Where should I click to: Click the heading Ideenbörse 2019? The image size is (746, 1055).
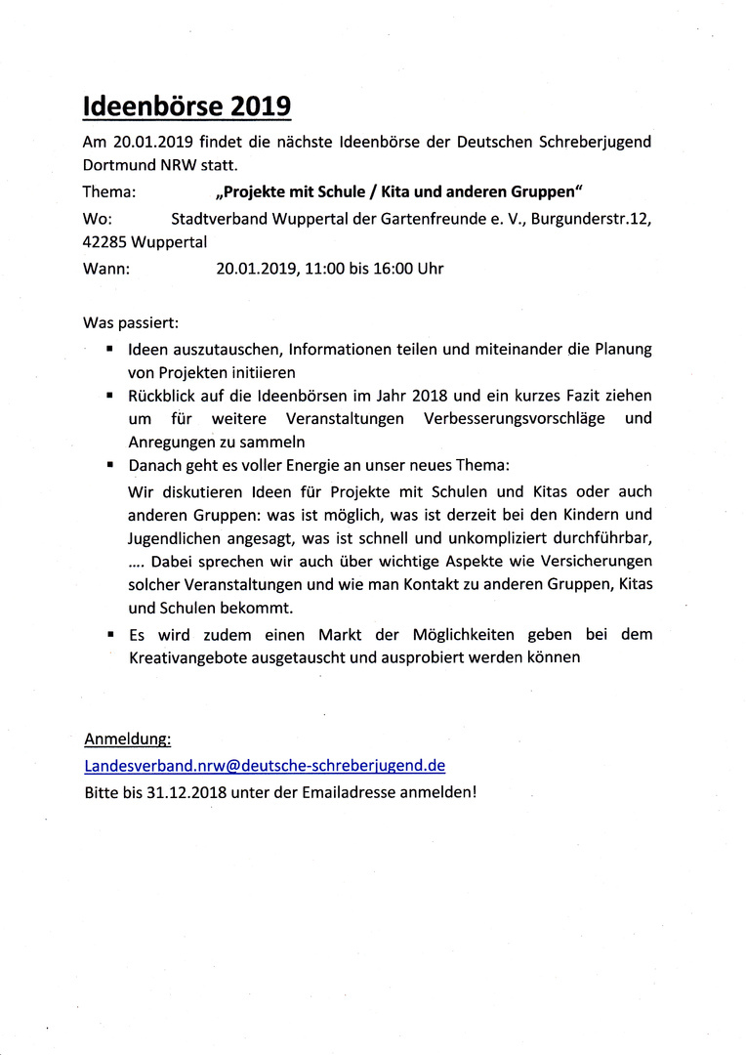pos(186,105)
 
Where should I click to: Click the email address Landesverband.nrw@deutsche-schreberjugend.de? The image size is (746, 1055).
pos(265,766)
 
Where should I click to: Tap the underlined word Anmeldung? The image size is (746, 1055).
pos(128,738)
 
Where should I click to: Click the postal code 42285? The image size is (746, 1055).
pos(104,241)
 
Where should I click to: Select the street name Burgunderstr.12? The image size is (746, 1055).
pos(591,217)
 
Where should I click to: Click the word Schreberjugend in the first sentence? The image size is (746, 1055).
pos(595,142)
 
